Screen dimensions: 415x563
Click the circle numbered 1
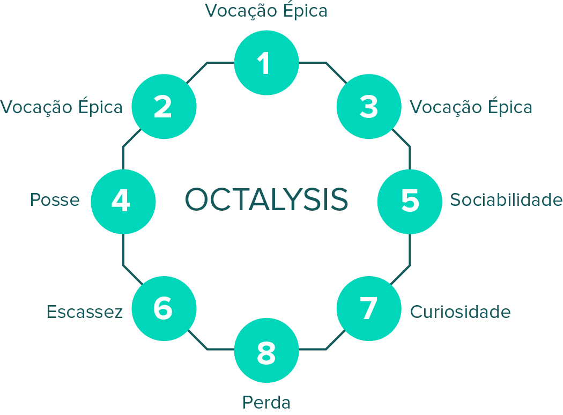[266, 63]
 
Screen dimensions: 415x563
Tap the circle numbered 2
[164, 107]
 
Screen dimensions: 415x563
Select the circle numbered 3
[369, 107]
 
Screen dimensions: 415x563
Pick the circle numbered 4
[123, 201]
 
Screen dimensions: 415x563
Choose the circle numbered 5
[410, 201]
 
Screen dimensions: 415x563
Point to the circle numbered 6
[164, 309]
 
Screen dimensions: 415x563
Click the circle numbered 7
[369, 309]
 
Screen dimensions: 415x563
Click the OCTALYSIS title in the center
[266, 199]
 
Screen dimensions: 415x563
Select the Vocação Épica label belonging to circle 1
[266, 11]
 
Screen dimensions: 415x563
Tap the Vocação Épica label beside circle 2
[62, 107]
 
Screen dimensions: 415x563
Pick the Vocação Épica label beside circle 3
[471, 107]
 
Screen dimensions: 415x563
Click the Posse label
[55, 201]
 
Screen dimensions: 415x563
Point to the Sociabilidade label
[506, 201]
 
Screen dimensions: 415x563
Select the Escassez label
[85, 312]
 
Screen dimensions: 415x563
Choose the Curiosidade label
[460, 312]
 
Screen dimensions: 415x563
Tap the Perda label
[266, 402]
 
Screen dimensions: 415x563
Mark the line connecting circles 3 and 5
[410, 155]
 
